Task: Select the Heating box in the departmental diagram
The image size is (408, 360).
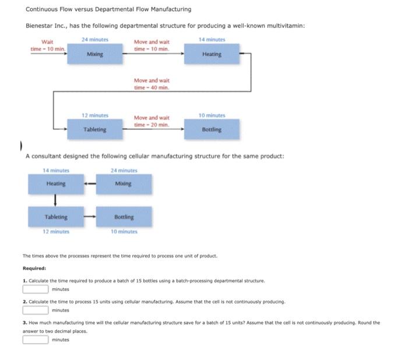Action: (x=212, y=54)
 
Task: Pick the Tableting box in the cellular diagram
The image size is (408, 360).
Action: (x=56, y=217)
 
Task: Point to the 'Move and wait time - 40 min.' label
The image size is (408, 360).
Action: (x=152, y=83)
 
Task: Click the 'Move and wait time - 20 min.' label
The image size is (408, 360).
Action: (x=152, y=121)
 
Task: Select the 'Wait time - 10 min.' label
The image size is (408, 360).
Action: (x=47, y=45)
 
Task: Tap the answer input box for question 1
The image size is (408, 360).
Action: (x=35, y=288)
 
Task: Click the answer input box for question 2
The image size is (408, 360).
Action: (x=35, y=310)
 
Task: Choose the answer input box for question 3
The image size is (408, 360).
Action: (x=35, y=340)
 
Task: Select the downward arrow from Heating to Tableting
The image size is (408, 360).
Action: (x=55, y=200)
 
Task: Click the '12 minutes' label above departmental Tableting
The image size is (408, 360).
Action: (x=94, y=115)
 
